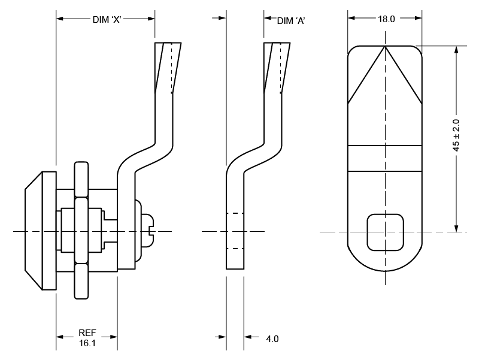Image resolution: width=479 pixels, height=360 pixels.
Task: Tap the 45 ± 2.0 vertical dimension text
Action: [x=456, y=135]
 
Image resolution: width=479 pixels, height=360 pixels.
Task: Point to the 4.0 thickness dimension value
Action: [x=272, y=339]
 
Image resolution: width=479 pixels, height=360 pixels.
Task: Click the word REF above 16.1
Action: [x=87, y=333]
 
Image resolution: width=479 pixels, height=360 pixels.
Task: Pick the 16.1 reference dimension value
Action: [x=87, y=343]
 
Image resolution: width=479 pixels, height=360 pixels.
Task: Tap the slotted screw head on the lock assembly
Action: [x=145, y=231]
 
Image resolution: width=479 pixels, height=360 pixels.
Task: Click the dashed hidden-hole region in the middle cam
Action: [x=235, y=231]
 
